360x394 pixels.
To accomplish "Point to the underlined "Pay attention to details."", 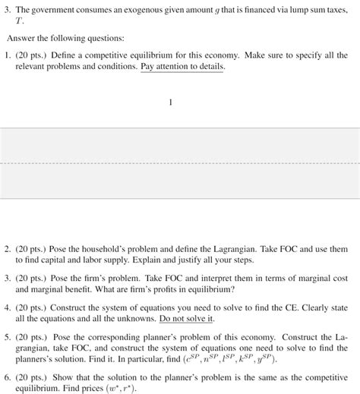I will point(182,67).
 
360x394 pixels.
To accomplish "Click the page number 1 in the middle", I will point(171,102).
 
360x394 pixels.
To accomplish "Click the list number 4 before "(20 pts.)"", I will point(7,308).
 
